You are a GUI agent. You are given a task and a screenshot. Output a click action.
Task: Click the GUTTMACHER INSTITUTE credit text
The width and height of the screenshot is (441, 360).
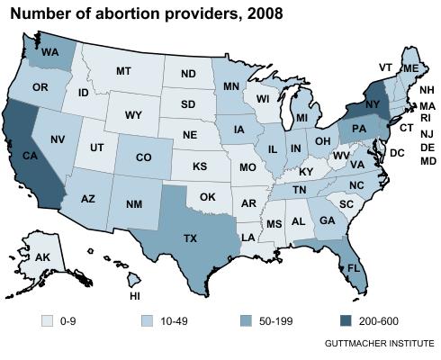point(379,344)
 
